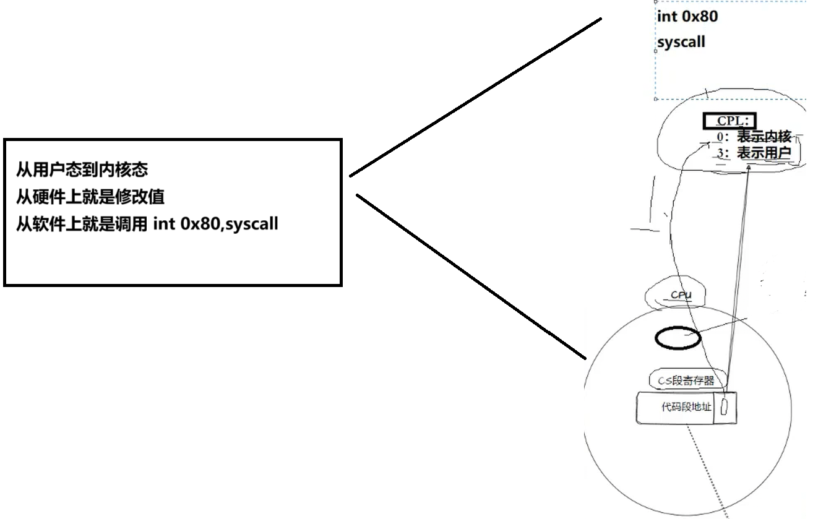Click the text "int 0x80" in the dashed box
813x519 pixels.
coord(687,17)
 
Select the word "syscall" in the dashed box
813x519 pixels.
coord(681,43)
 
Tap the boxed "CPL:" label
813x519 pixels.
coord(729,121)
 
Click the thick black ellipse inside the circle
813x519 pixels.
coord(677,338)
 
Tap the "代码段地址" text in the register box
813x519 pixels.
coord(687,407)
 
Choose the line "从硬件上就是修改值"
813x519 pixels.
coord(90,196)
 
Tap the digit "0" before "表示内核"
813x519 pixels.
coord(720,137)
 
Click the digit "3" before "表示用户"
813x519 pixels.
coord(720,153)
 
